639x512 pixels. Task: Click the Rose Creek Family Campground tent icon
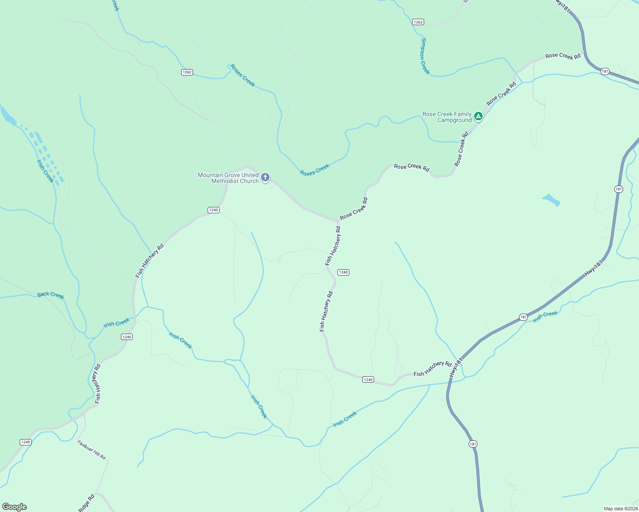tap(478, 116)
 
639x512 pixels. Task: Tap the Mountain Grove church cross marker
tap(265, 177)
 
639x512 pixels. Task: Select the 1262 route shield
tap(187, 72)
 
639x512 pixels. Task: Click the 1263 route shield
tap(418, 22)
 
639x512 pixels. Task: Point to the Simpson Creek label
tap(425, 56)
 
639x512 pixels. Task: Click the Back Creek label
tap(50, 295)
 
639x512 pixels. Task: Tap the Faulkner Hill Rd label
tap(91, 450)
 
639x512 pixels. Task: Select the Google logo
tap(14, 507)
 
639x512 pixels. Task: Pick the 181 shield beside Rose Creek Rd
tap(605, 71)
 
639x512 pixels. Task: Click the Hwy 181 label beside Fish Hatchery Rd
tap(456, 367)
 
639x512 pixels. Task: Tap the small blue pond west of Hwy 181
tap(551, 200)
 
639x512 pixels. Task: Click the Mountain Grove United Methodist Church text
tap(228, 178)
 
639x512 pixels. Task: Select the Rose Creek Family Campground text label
tap(447, 117)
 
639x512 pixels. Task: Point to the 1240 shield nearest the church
tap(214, 210)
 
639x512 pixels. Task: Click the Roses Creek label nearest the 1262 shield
tap(243, 76)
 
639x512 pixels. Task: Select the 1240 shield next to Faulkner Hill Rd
tap(26, 442)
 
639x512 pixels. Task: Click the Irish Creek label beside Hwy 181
tap(545, 316)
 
